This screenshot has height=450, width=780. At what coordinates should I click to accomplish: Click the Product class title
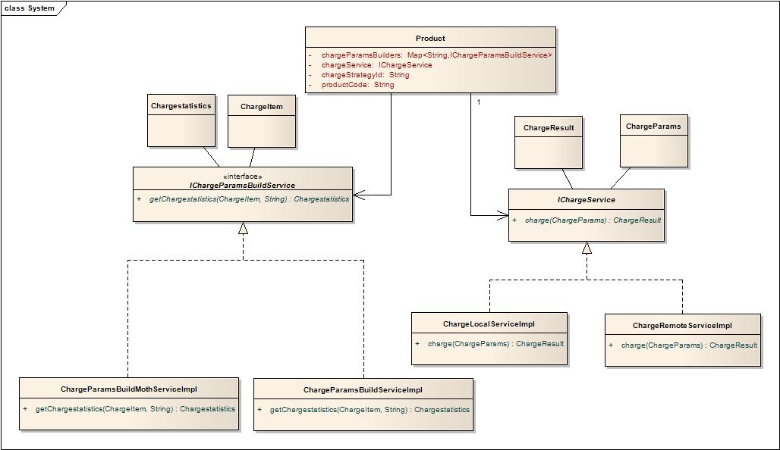[x=430, y=38]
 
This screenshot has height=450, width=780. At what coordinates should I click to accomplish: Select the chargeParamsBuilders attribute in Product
[x=436, y=55]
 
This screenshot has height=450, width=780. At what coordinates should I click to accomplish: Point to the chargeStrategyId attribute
[x=365, y=75]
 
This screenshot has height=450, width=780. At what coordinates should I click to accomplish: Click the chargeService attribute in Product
[x=376, y=65]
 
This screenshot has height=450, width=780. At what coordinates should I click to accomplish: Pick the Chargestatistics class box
[x=181, y=120]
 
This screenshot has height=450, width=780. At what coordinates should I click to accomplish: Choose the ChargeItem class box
[x=261, y=121]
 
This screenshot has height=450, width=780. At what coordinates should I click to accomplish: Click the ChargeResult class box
[x=548, y=142]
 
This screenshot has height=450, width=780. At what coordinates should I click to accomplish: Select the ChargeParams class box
[x=653, y=140]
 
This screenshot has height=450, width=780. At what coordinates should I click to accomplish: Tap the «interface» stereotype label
[x=243, y=177]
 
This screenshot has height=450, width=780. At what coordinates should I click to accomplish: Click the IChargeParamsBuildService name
[x=242, y=186]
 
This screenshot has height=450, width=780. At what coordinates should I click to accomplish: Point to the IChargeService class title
[x=586, y=200]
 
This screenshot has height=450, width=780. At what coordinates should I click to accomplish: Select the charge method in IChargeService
[x=593, y=220]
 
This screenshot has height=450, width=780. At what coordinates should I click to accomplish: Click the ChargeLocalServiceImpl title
[x=489, y=324]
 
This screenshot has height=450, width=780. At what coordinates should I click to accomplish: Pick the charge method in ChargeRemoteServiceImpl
[x=689, y=345]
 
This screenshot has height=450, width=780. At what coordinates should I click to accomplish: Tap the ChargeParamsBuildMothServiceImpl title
[x=128, y=389]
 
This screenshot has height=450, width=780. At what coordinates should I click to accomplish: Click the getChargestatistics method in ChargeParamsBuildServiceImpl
[x=370, y=410]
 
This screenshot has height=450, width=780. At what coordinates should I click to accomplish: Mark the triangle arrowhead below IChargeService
[x=587, y=248]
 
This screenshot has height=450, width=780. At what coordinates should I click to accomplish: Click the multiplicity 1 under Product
[x=479, y=102]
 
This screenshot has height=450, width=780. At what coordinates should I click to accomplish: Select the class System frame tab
[x=30, y=8]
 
